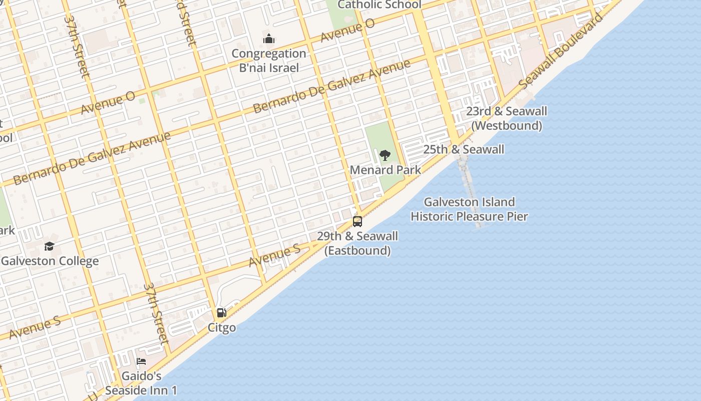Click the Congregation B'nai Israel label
[269, 61]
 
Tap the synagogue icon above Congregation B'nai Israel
[269, 39]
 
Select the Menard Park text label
[385, 170]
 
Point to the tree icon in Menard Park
[385, 155]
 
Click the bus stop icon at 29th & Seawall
[358, 221]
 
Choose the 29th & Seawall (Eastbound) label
[357, 243]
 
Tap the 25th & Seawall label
[463, 149]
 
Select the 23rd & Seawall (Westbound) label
[506, 118]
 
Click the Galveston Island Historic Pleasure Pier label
[469, 209]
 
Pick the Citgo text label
[221, 328]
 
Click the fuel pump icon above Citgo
[221, 313]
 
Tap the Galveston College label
[50, 261]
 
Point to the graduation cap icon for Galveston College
[49, 246]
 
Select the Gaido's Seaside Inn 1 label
[141, 383]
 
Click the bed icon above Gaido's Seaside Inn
[141, 361]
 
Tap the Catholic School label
[379, 5]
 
